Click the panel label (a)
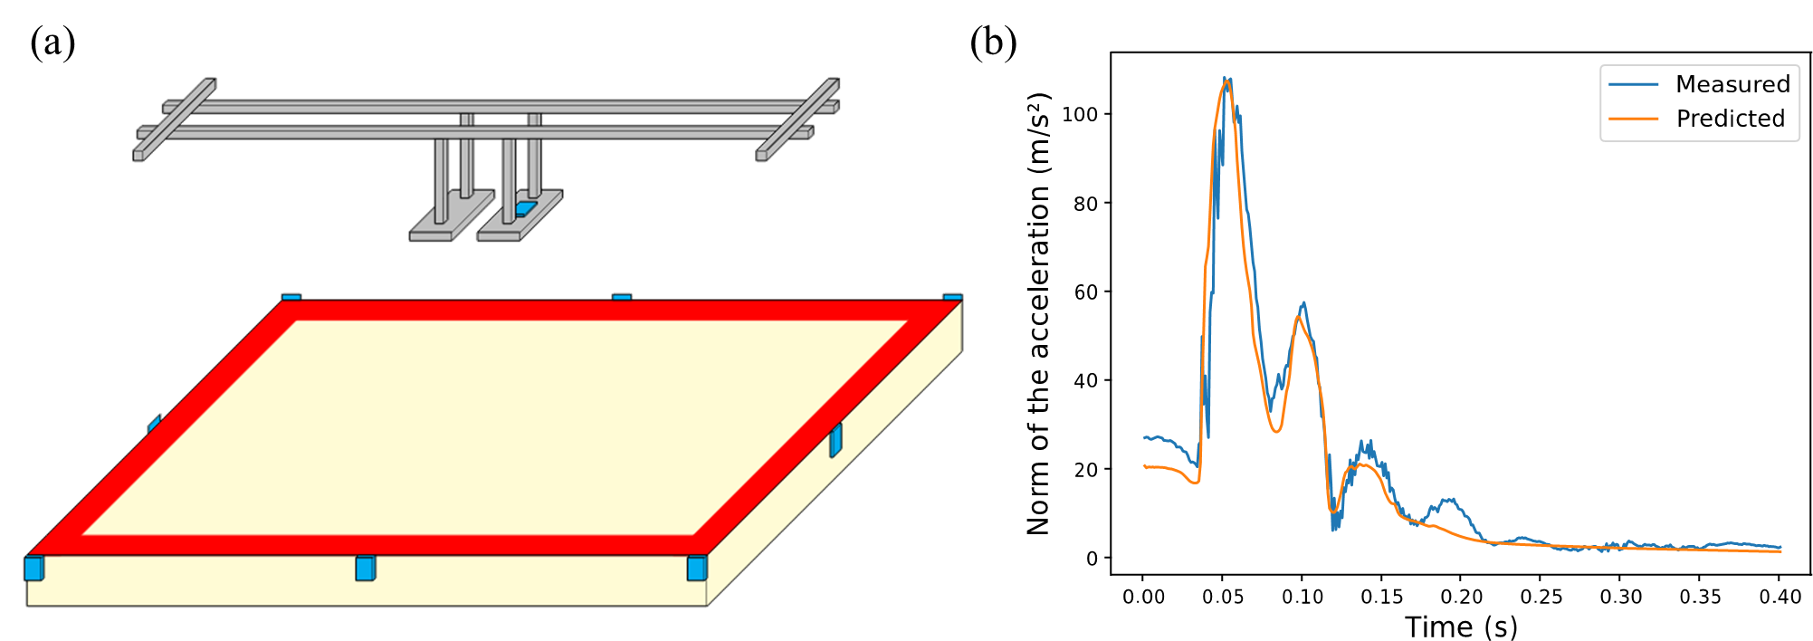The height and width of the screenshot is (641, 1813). point(52,43)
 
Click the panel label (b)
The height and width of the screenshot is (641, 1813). point(993,43)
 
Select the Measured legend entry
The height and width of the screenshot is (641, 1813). point(1699,84)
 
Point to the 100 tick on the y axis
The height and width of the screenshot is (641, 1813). point(1080,114)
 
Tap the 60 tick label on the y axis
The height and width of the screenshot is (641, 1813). point(1085,292)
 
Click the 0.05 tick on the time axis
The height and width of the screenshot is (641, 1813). point(1222,597)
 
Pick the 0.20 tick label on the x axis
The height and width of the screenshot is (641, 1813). point(1461,597)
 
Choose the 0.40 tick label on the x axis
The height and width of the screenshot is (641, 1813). point(1780,597)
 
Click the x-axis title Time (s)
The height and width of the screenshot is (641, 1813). point(1461,627)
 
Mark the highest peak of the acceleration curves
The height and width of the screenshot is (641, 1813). point(1226,79)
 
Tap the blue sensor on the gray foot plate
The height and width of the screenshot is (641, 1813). point(525,208)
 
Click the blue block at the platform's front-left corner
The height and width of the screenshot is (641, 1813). point(33,568)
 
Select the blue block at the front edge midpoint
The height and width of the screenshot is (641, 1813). point(366,568)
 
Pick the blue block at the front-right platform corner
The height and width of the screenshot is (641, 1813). point(697,568)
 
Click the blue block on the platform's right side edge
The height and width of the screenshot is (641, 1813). point(835,440)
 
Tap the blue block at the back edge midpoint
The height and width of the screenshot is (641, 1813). point(622,297)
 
